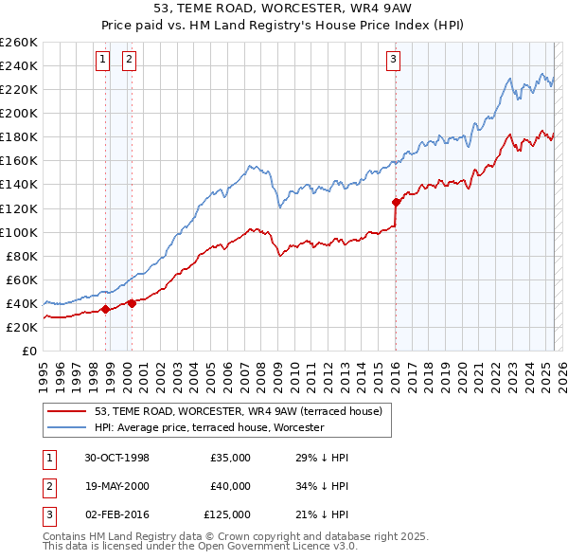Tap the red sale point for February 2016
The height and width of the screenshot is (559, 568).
point(396,202)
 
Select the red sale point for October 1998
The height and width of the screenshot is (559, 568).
point(106,309)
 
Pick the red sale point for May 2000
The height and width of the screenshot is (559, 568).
point(132,303)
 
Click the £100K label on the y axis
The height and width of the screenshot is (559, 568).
point(19,232)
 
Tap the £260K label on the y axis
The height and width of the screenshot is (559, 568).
point(19,43)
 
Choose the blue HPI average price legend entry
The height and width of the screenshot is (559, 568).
point(208,428)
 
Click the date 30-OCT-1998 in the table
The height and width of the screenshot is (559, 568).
point(116,458)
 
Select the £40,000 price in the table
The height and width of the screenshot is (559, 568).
point(231,486)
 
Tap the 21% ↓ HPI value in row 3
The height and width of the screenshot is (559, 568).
point(322,514)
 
